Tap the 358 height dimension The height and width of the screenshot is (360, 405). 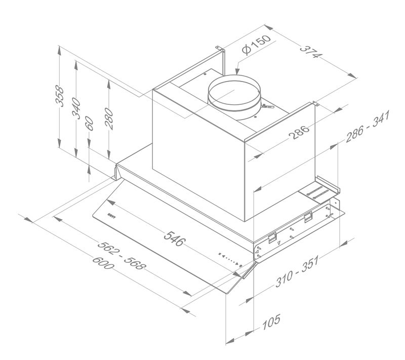coord(60,96)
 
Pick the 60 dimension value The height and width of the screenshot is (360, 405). coord(90,125)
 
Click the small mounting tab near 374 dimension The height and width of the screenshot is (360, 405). coord(315,104)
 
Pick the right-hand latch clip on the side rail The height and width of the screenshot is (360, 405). coord(307,218)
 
